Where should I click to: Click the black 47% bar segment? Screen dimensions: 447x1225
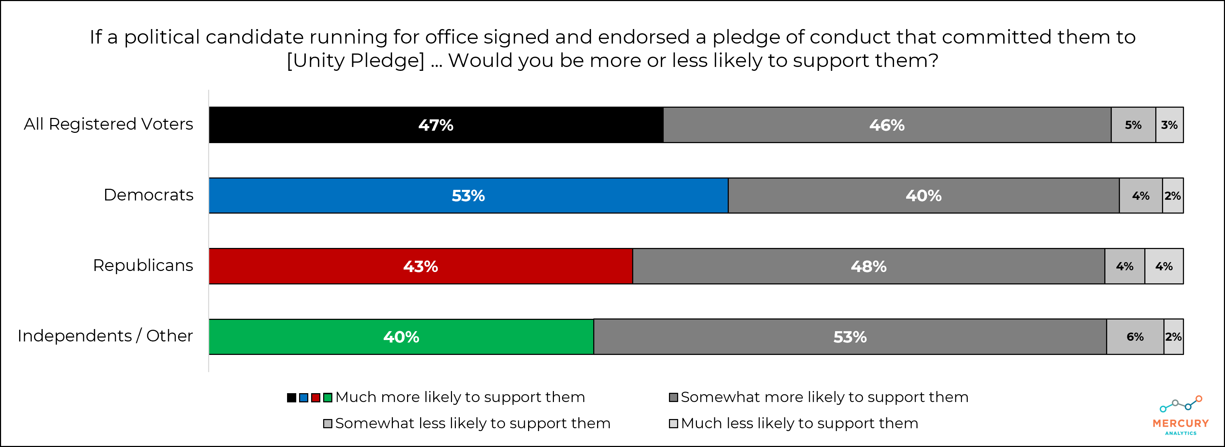coord(436,125)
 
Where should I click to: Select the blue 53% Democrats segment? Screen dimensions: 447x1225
coord(468,196)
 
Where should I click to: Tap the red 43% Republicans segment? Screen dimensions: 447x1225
coord(420,266)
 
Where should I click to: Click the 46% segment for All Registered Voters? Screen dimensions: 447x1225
coord(887,125)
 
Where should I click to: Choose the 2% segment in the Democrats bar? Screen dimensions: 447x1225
coord(1172,196)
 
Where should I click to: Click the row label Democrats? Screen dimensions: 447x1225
coord(148,195)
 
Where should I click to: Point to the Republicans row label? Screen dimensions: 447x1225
coord(143,265)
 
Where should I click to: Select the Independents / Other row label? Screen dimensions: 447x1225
coord(105,336)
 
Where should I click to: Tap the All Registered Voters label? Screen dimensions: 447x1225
coord(108,124)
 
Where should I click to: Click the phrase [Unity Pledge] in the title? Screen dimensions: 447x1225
coord(356,61)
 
